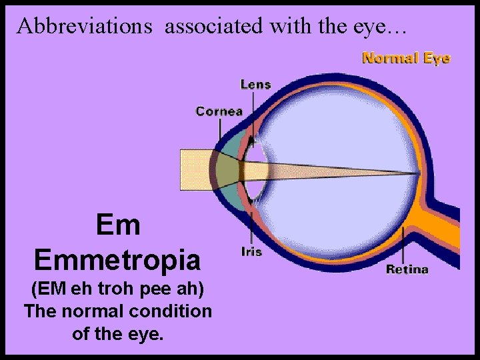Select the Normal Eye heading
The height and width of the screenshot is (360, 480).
click(x=406, y=58)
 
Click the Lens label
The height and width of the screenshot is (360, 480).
click(x=255, y=85)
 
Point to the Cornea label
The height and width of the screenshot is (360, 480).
click(x=219, y=111)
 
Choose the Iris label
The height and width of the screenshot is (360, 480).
click(x=251, y=252)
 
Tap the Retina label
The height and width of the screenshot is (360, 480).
click(x=407, y=269)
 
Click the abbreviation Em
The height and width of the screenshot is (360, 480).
click(x=118, y=225)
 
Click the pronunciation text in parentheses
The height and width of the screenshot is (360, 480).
click(x=117, y=291)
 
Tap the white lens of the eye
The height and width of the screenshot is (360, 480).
click(x=253, y=170)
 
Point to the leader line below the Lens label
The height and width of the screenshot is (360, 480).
click(x=252, y=110)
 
